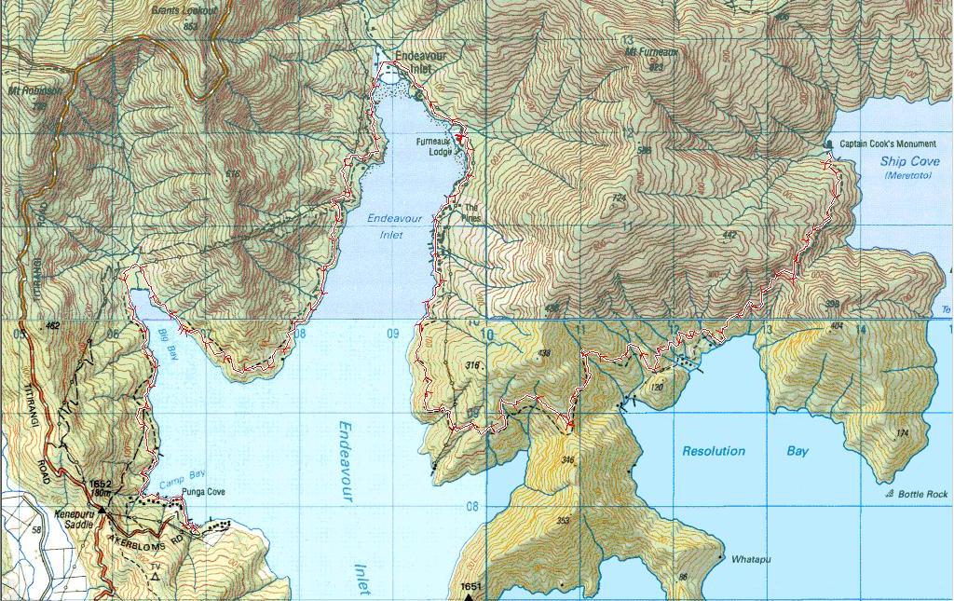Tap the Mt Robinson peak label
34,91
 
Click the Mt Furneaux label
652,53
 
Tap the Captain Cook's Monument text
888,144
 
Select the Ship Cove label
910,162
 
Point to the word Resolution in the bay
714,451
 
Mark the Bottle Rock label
922,494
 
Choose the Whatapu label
751,559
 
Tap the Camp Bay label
179,483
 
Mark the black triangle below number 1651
469,596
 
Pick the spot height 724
618,198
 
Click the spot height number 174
901,433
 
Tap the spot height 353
563,521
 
